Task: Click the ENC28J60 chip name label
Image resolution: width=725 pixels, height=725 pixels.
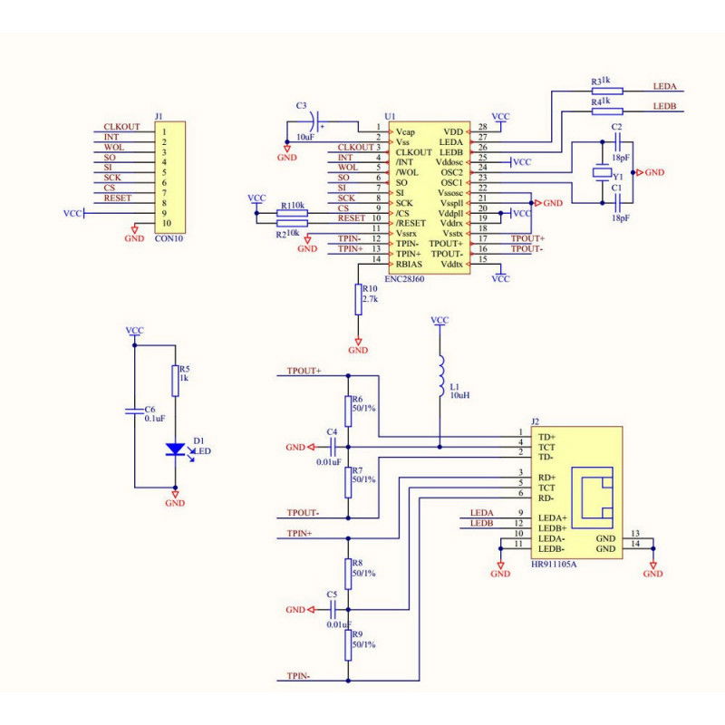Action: click(405, 279)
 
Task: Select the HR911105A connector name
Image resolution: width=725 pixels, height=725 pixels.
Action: click(555, 563)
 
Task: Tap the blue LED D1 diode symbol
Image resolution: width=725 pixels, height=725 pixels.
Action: click(175, 449)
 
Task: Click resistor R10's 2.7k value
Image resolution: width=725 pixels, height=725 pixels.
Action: click(370, 298)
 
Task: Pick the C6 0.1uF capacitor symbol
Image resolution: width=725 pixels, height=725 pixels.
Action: click(135, 411)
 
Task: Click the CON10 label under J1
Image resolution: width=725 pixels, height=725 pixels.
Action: click(168, 238)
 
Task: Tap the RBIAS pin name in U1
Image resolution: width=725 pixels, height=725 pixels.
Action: click(409, 264)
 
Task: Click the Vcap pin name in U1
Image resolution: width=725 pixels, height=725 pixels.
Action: click(405, 131)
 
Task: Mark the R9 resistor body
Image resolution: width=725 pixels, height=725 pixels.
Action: click(346, 645)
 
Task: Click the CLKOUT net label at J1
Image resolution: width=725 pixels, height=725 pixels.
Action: click(121, 127)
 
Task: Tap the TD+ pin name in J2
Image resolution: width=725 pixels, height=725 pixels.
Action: click(547, 437)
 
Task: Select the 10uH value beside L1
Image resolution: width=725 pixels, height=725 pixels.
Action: click(459, 396)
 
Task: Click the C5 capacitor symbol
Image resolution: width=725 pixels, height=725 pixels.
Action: click(333, 610)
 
